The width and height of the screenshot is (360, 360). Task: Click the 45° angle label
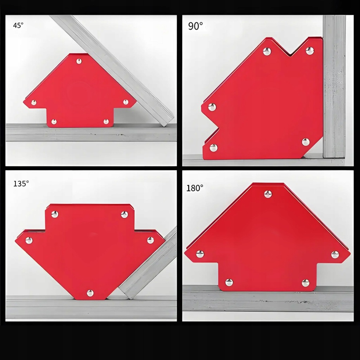click(18, 25)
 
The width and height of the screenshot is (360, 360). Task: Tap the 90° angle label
click(195, 26)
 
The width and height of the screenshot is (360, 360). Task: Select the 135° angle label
click(21, 184)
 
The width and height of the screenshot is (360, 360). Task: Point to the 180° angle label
click(195, 188)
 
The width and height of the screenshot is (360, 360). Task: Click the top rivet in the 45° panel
click(79, 61)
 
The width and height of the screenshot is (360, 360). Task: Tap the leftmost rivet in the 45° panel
click(34, 102)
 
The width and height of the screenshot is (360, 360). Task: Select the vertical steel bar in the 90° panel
click(334, 86)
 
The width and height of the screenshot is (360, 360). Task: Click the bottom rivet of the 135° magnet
click(90, 293)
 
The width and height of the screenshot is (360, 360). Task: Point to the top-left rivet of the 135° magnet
click(54, 214)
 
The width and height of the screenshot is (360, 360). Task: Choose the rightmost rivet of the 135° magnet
click(150, 240)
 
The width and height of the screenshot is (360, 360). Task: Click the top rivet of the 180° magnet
click(268, 194)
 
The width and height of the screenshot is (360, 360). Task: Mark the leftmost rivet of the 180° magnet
click(200, 254)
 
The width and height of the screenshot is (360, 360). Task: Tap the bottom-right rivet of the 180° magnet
click(306, 283)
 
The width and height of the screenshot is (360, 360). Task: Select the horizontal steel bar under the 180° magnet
click(268, 298)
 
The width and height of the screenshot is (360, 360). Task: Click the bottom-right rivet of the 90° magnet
click(306, 142)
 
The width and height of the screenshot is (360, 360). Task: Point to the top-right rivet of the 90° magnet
click(310, 51)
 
